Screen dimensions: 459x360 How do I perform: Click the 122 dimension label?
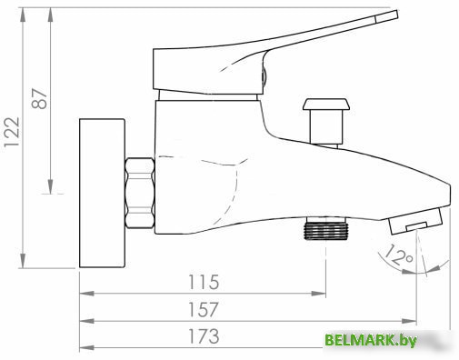click(x=12, y=132)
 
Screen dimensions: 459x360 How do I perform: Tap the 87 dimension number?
click(x=40, y=98)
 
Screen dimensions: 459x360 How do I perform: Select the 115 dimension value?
click(x=204, y=282)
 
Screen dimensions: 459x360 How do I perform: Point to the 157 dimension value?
click(x=204, y=309)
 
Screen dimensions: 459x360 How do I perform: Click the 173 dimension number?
click(x=204, y=336)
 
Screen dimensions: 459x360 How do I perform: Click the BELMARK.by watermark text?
click(x=371, y=341)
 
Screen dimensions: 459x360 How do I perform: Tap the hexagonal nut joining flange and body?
click(x=140, y=193)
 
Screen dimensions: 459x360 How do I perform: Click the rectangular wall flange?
click(x=102, y=194)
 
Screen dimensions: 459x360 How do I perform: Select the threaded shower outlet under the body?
click(x=325, y=228)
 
